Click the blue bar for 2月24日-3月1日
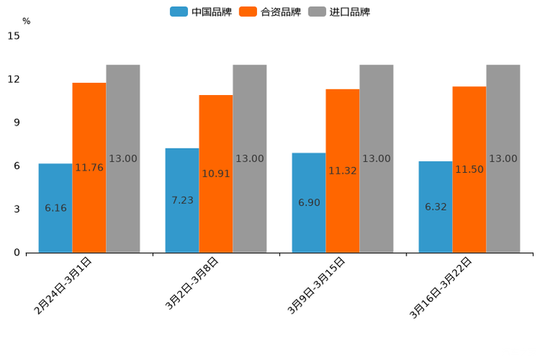click(x=55, y=208)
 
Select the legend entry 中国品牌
click(x=201, y=12)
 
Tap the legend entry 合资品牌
click(x=270, y=12)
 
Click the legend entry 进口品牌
click(x=340, y=12)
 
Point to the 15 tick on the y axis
click(x=14, y=36)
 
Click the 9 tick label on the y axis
click(x=17, y=123)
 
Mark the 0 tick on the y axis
click(x=17, y=253)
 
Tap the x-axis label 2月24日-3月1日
click(x=63, y=285)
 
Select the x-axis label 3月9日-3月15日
click(x=316, y=285)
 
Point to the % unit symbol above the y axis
click(x=26, y=21)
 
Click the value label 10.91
click(x=216, y=173)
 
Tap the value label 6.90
click(x=309, y=202)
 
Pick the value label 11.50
click(x=470, y=169)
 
